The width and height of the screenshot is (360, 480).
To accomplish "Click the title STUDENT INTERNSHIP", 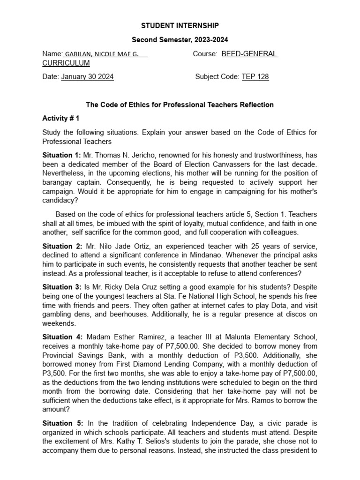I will [x=180, y=25].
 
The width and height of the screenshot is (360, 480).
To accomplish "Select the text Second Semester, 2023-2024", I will [x=180, y=40].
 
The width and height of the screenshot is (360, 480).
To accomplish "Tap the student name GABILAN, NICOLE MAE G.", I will [x=101, y=54].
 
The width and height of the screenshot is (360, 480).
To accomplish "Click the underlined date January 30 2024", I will [x=87, y=77].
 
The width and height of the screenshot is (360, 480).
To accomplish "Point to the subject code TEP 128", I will [x=255, y=77].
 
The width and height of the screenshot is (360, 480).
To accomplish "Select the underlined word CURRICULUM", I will [x=66, y=63].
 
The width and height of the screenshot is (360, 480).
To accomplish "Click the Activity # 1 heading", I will [x=60, y=119].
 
